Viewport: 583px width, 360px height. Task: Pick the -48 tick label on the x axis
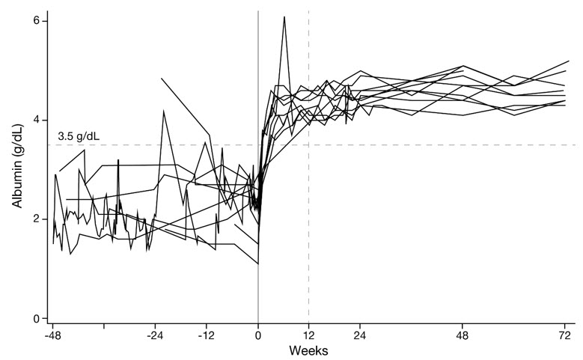point(52,335)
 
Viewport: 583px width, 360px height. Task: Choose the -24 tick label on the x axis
point(155,335)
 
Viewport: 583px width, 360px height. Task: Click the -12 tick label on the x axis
point(207,335)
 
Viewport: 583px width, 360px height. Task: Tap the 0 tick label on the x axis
point(258,335)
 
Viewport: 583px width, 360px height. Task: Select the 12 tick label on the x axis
point(309,335)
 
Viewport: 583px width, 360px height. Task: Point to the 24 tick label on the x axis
point(361,335)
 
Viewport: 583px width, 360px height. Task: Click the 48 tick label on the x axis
point(463,335)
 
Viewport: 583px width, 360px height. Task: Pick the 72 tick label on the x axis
point(566,335)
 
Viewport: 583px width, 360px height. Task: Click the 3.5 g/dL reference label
point(79,137)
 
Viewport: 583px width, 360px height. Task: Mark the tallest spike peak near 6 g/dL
point(284,16)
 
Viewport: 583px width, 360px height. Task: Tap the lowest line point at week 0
point(258,264)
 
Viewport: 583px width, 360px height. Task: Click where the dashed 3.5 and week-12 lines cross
point(309,145)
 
